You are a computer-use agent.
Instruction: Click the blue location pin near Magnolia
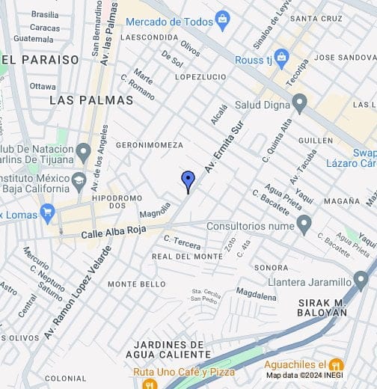click(x=188, y=180)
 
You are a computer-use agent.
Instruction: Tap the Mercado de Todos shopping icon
click(x=221, y=19)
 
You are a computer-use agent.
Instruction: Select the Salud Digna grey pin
click(x=300, y=102)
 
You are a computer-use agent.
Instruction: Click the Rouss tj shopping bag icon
click(x=281, y=56)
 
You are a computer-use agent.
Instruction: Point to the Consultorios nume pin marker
click(x=304, y=223)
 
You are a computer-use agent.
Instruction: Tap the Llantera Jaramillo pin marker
click(x=361, y=281)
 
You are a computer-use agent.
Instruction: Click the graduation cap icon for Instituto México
click(x=79, y=180)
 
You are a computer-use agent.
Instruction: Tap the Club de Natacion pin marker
click(x=83, y=153)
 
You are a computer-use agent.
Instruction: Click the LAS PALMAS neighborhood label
click(x=91, y=99)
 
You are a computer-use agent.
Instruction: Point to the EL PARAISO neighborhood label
click(x=40, y=59)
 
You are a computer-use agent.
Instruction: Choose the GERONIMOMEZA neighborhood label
click(x=150, y=144)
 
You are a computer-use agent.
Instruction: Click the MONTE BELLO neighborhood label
click(x=137, y=284)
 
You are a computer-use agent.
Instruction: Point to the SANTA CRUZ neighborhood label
click(x=316, y=18)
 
